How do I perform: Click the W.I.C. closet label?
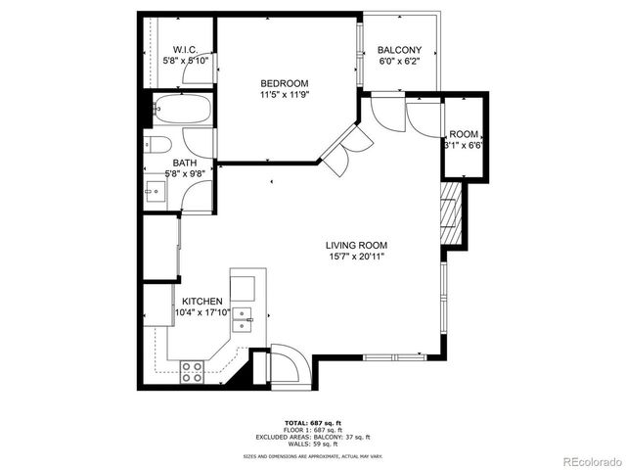(x=186, y=49)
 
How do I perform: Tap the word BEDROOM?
(x=284, y=83)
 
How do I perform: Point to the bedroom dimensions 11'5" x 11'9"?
(x=284, y=95)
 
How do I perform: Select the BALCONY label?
(x=399, y=50)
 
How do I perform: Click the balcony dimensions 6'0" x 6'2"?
(x=399, y=62)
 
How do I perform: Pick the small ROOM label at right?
(x=464, y=134)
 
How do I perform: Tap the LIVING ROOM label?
(x=357, y=245)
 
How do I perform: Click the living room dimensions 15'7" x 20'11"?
(x=357, y=257)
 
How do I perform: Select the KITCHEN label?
(x=201, y=302)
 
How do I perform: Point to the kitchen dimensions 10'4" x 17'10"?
(x=201, y=313)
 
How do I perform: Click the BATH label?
(x=185, y=164)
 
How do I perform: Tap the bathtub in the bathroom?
(x=183, y=111)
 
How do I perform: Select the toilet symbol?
(x=157, y=146)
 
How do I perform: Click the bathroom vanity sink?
(x=155, y=190)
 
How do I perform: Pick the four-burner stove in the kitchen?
(x=192, y=371)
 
